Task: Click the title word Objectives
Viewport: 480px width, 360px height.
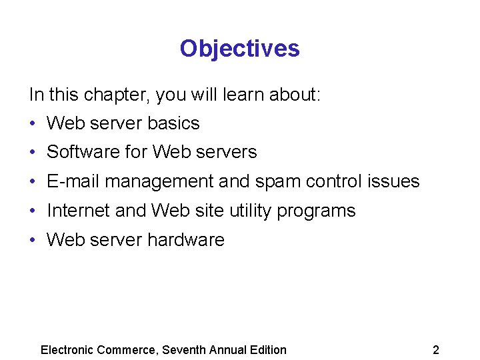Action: (239, 49)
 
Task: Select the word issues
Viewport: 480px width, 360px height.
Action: (395, 181)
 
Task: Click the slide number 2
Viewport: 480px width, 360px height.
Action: (435, 350)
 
